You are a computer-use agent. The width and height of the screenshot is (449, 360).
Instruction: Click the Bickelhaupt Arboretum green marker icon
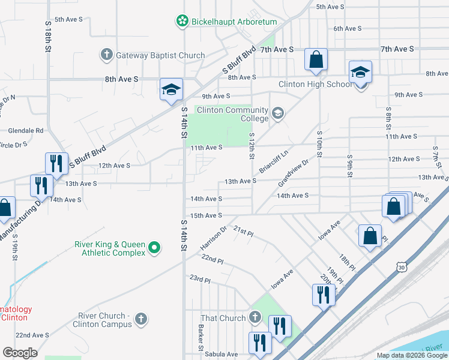point(182,22)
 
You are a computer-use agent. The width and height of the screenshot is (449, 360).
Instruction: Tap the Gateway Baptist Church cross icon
point(107,55)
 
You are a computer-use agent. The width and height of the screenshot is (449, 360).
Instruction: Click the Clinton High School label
point(316,84)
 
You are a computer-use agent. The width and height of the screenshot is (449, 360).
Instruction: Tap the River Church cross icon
point(141,318)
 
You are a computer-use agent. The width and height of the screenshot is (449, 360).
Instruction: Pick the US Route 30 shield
point(401,268)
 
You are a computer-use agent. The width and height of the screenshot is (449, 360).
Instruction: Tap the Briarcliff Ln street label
point(274,161)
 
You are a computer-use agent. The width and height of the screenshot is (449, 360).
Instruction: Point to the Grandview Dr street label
point(294,172)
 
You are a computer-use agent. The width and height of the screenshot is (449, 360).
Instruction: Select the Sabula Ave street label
point(221,354)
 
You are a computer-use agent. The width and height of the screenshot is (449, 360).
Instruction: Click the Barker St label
point(201,338)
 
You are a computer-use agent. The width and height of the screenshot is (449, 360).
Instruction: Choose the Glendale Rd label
point(26,130)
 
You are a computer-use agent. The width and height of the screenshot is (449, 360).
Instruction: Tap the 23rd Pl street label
point(200,280)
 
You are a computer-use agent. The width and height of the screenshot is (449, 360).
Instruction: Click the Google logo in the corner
point(20,353)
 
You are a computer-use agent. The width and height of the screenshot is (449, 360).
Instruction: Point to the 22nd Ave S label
point(32,335)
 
